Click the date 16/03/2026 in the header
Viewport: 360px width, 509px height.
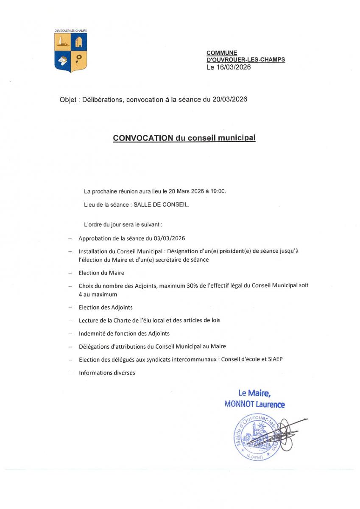click(233, 67)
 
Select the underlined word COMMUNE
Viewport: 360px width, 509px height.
click(222, 53)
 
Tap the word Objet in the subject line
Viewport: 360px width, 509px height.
click(69, 100)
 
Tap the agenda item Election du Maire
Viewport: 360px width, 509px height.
click(101, 273)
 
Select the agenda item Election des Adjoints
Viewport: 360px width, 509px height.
click(106, 307)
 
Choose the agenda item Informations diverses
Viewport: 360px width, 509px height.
click(107, 373)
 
